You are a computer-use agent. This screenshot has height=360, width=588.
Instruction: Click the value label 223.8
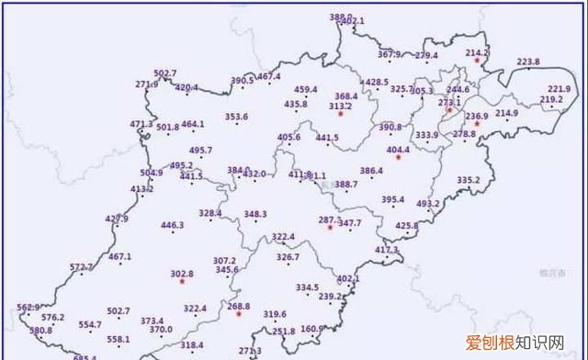click(x=528, y=62)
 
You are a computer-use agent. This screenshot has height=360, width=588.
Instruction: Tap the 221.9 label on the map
click(x=560, y=89)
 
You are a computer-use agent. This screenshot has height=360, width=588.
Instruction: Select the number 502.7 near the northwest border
click(x=165, y=73)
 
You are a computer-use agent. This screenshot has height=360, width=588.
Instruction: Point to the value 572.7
click(x=82, y=266)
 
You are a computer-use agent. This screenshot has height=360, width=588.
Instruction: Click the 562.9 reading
click(x=28, y=307)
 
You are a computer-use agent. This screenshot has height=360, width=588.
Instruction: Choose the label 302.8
click(x=182, y=274)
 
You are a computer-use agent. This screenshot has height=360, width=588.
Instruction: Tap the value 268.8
click(x=239, y=306)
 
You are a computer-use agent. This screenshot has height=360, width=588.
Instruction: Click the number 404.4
click(x=398, y=149)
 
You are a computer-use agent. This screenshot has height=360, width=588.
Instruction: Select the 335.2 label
click(x=469, y=179)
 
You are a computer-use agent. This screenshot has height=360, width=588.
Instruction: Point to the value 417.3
click(x=387, y=249)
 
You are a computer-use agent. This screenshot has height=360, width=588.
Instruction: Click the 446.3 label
click(x=172, y=225)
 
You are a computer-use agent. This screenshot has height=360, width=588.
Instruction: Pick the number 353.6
click(x=236, y=117)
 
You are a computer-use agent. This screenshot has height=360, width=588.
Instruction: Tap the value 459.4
click(x=306, y=89)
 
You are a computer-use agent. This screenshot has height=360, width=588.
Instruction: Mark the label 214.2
click(x=477, y=52)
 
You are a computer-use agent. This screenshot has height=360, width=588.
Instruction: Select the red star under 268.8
click(x=239, y=315)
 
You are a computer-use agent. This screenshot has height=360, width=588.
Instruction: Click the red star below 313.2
click(x=341, y=114)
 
